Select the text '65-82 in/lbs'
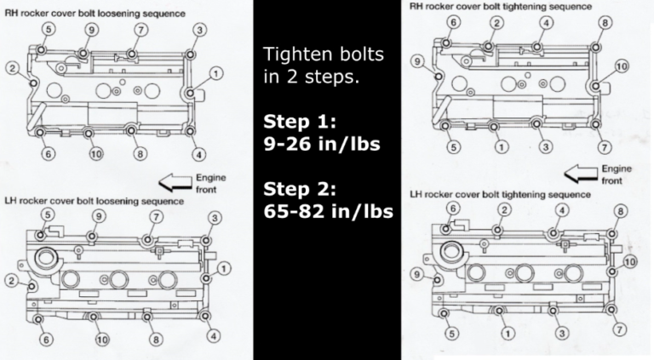pyautogui.click(x=328, y=209)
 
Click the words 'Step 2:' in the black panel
pyautogui.click(x=297, y=186)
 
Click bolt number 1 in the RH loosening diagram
pyautogui.click(x=217, y=74)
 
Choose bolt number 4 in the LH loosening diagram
pyautogui.click(x=217, y=338)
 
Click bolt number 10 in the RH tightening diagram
pyautogui.click(x=622, y=66)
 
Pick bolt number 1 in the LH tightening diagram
pyautogui.click(x=508, y=334)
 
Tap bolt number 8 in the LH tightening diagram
pyautogui.click(x=621, y=210)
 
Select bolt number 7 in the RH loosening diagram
pyautogui.click(x=141, y=31)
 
